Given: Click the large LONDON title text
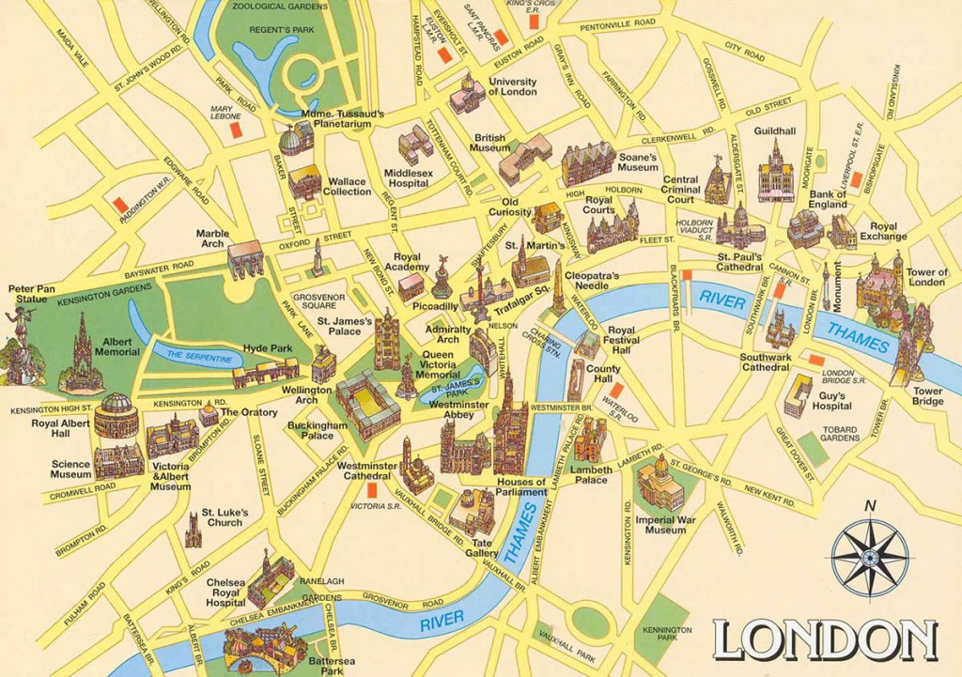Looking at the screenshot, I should (x=824, y=640).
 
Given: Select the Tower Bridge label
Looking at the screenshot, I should (x=927, y=396).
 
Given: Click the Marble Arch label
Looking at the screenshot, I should (x=211, y=238).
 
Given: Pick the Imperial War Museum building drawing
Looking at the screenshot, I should (x=660, y=484).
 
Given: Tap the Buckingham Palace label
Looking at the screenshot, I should (x=318, y=430).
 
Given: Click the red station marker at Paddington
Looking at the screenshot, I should (x=118, y=204).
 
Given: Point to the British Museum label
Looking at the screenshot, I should (x=490, y=142).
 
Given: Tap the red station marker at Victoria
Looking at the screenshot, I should (x=372, y=491).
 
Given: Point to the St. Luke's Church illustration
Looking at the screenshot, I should (x=194, y=531).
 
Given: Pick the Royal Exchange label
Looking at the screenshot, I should (x=882, y=231).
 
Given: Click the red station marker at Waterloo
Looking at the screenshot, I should (x=615, y=391).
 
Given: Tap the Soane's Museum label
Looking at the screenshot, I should (x=637, y=162).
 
